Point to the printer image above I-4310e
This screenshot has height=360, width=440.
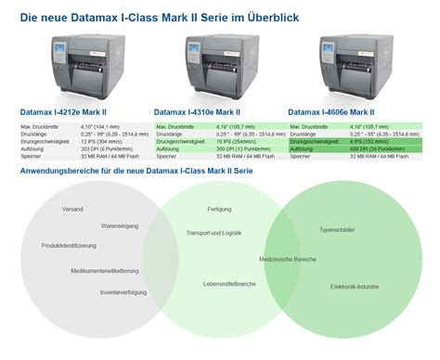tap(217, 65)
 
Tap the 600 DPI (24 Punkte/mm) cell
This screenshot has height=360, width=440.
tap(363, 148)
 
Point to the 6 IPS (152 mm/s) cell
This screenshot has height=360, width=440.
tap(363, 142)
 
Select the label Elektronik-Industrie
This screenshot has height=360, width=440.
tap(355, 287)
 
